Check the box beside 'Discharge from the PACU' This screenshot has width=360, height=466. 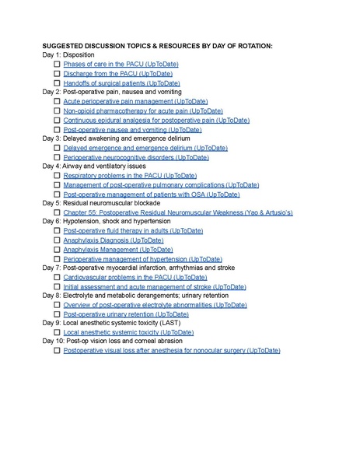click(x=57, y=74)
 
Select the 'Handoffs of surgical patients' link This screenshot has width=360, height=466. click(x=121, y=82)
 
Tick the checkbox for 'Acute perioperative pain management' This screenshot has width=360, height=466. click(x=57, y=101)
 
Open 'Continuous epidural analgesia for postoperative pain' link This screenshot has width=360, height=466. click(x=156, y=120)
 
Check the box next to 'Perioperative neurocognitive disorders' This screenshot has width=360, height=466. click(x=57, y=157)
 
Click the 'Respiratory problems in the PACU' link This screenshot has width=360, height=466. click(x=129, y=176)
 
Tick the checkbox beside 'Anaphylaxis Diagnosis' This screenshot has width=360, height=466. click(x=57, y=240)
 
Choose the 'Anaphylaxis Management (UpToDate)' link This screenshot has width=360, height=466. click(x=118, y=250)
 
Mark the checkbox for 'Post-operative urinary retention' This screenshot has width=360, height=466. click(x=57, y=314)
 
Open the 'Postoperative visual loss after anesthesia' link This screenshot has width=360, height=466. click(x=171, y=351)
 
